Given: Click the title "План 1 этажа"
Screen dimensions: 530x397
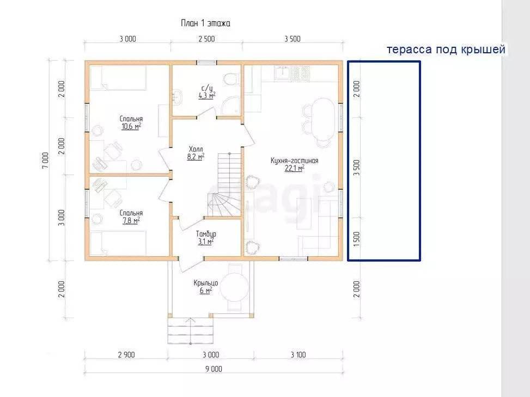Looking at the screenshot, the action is [205, 23].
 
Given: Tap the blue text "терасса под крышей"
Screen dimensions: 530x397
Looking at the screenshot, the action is [446, 49].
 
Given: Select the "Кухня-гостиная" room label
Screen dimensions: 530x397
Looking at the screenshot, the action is [294, 160].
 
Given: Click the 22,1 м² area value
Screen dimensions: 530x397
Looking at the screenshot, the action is [294, 168].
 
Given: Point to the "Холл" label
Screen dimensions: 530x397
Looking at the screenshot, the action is [196, 149].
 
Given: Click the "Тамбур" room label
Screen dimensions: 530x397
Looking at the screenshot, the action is [206, 234].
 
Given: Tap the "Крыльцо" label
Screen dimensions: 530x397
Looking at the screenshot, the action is [206, 283].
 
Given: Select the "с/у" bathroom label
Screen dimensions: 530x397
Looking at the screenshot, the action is [207, 89].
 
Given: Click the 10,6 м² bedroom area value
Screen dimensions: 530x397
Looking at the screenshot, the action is [131, 127].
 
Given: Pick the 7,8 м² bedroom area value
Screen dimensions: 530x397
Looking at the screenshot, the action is [131, 220].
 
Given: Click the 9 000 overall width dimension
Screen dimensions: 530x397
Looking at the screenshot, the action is [214, 369].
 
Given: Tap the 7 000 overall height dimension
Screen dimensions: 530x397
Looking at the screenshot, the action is [45, 160].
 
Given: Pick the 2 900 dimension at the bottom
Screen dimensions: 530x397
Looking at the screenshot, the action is [126, 355].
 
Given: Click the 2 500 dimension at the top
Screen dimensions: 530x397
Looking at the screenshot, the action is [206, 39].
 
